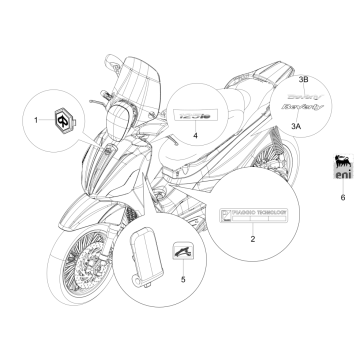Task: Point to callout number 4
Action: tap(196, 133)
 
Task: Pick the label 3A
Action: tap(296, 128)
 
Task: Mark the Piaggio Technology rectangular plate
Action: tap(253, 216)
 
